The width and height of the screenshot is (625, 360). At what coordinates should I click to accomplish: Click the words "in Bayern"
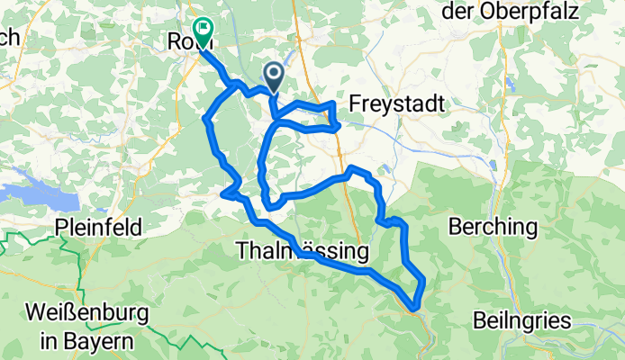(79, 341)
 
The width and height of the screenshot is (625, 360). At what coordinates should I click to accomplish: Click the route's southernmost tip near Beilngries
(413, 306)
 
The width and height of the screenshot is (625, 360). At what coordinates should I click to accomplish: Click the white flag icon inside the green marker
(202, 30)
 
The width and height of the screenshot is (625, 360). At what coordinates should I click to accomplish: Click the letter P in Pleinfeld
(60, 227)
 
